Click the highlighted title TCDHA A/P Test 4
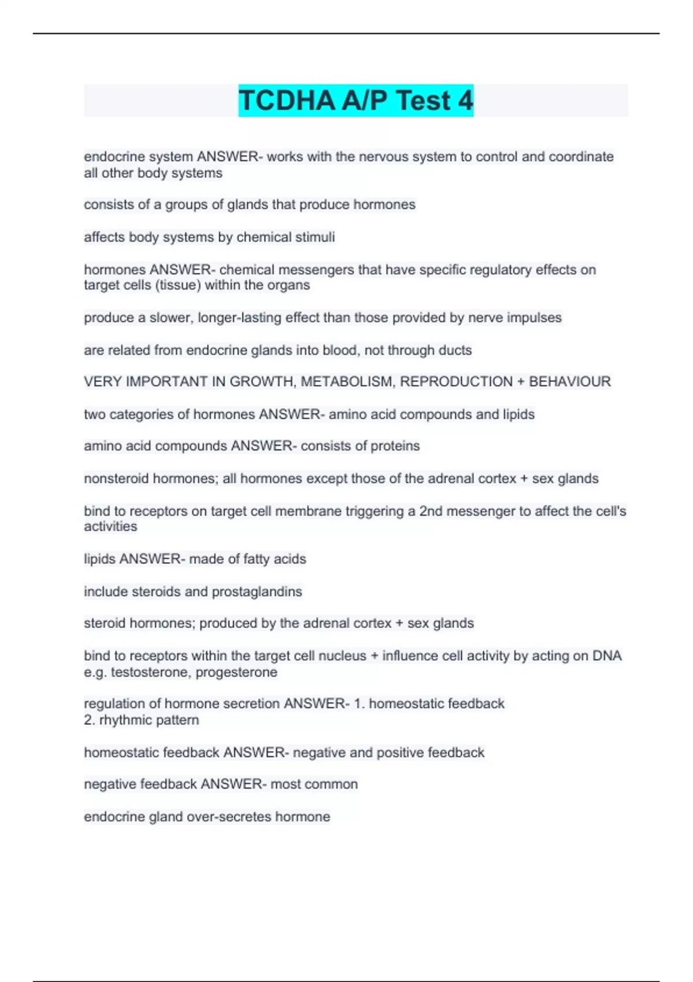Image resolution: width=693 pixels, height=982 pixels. pos(356,100)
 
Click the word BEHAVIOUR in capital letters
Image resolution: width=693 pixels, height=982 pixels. pos(569,382)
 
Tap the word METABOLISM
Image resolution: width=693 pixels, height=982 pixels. pos(346,382)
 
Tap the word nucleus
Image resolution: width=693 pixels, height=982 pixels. pos(342,656)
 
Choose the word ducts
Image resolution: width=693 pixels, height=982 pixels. pos(456,350)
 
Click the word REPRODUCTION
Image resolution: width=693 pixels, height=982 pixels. pos(456,382)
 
